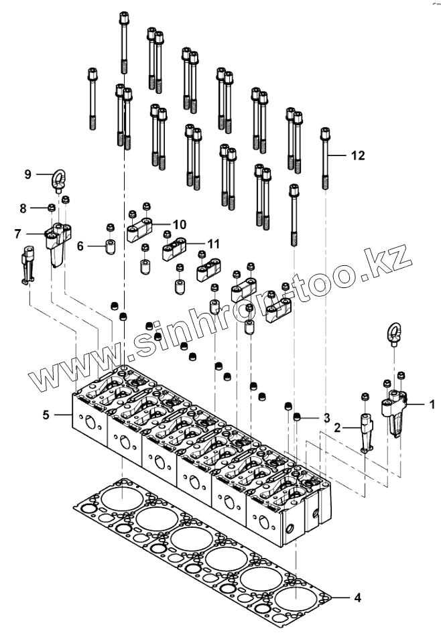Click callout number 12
coord(358,155)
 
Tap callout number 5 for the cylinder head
coord(46,415)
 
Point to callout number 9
coord(28,174)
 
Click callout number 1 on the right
coord(432,404)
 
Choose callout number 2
coord(338,427)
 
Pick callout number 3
coord(326,418)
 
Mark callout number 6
coord(80,246)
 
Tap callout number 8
coord(23,208)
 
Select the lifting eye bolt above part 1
coord(393,334)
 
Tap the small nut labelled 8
coord(51,208)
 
